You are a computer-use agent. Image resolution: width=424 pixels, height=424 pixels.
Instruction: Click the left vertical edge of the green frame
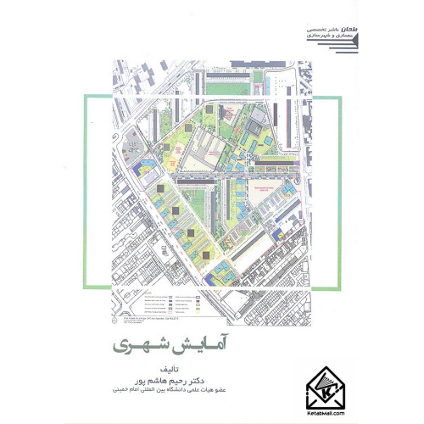84,170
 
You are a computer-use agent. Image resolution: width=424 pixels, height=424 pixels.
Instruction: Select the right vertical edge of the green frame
340,170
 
